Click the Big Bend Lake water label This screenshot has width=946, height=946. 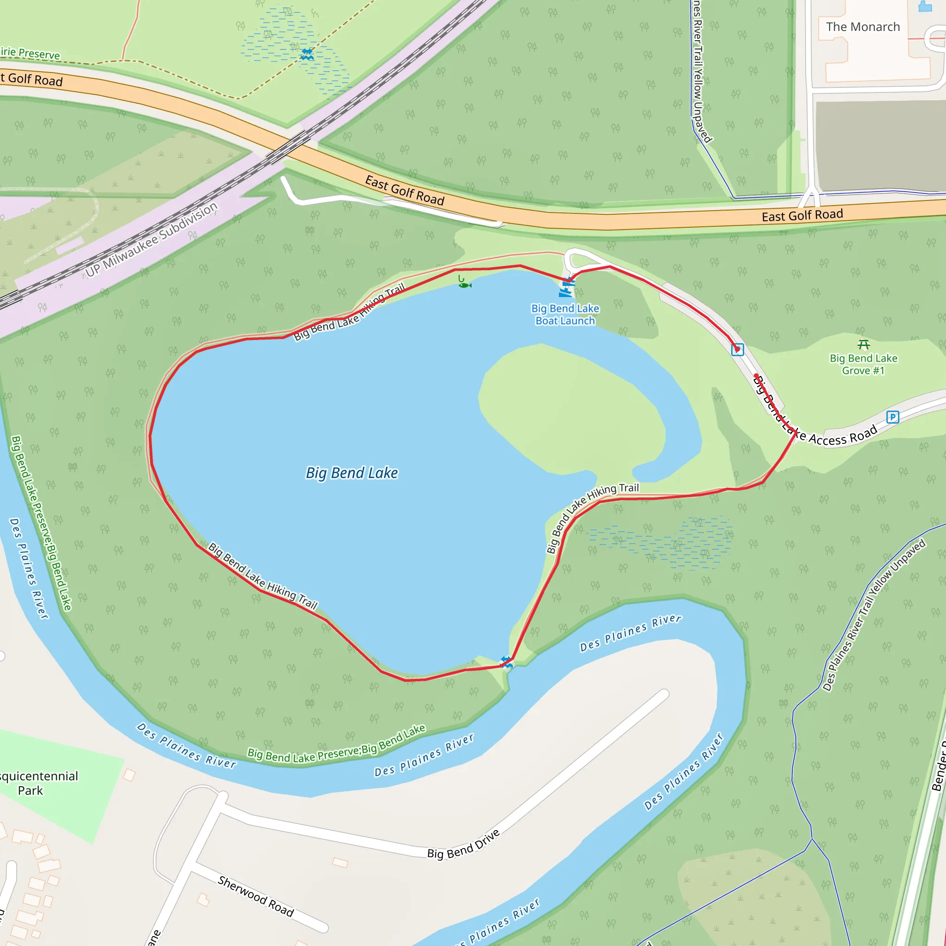(352, 473)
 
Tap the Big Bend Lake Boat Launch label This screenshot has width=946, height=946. (565, 315)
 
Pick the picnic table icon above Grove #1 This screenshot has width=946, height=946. (864, 345)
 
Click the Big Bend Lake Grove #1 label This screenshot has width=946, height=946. (863, 364)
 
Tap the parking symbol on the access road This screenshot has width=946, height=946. (892, 417)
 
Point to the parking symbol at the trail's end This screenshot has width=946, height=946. (737, 350)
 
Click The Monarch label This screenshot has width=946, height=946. (863, 27)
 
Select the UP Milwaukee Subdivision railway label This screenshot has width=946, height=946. (152, 239)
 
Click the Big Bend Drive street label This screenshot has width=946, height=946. (463, 843)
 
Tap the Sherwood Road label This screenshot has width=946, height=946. (255, 896)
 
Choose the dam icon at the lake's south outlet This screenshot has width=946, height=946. (506, 662)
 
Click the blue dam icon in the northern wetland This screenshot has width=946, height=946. (307, 54)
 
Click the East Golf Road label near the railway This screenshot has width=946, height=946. (405, 190)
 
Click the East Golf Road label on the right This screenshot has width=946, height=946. (802, 215)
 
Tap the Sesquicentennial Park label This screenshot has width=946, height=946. (34, 783)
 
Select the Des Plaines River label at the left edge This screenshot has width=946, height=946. (29, 568)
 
